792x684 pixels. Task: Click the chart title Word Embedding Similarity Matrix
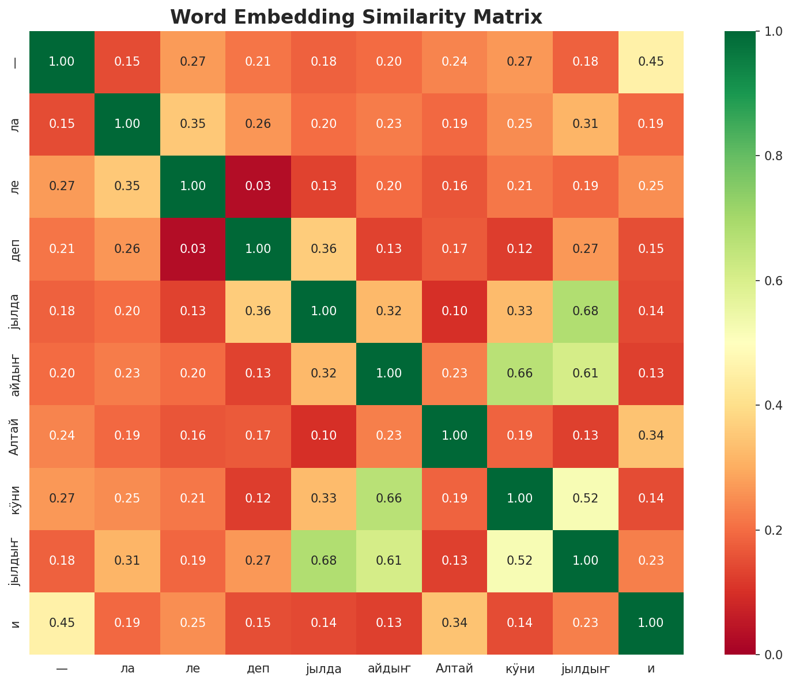[356, 17]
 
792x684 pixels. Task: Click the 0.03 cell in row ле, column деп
[258, 186]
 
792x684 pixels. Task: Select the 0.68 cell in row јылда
[586, 311]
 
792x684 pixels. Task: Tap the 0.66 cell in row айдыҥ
[520, 373]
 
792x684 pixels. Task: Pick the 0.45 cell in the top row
[651, 62]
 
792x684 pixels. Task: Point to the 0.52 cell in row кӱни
[586, 498]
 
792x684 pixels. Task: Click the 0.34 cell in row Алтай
[651, 436]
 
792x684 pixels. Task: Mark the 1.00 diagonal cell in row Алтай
[455, 436]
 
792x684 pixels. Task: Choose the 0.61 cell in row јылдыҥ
[389, 561]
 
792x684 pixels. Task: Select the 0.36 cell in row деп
[323, 249]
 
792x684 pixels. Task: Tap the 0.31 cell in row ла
[586, 124]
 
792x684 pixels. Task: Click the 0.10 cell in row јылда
[455, 311]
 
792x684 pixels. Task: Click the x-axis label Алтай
[455, 669]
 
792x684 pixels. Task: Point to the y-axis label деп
[16, 249]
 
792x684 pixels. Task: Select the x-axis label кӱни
[520, 669]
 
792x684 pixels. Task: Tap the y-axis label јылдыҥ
[16, 561]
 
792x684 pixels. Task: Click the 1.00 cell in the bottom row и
[651, 623]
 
